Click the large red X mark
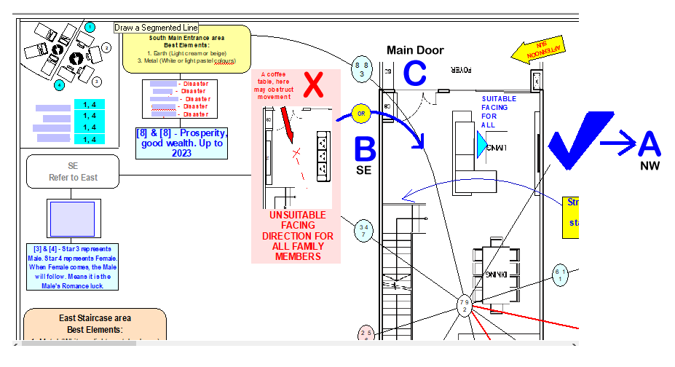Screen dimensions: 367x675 tap(313, 84)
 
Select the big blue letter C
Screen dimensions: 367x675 tap(414, 74)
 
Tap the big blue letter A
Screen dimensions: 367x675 tap(649, 143)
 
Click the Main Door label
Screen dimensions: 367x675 tap(415, 50)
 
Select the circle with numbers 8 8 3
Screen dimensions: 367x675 tap(362, 68)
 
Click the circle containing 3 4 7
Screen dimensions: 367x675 tap(363, 231)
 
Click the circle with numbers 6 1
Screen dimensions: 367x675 tap(559, 275)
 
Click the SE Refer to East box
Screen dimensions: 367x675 tap(73, 171)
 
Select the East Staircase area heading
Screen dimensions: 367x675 tap(95, 318)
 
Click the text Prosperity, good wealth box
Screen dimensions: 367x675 tap(182, 143)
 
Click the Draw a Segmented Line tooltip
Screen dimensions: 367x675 tap(156, 28)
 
